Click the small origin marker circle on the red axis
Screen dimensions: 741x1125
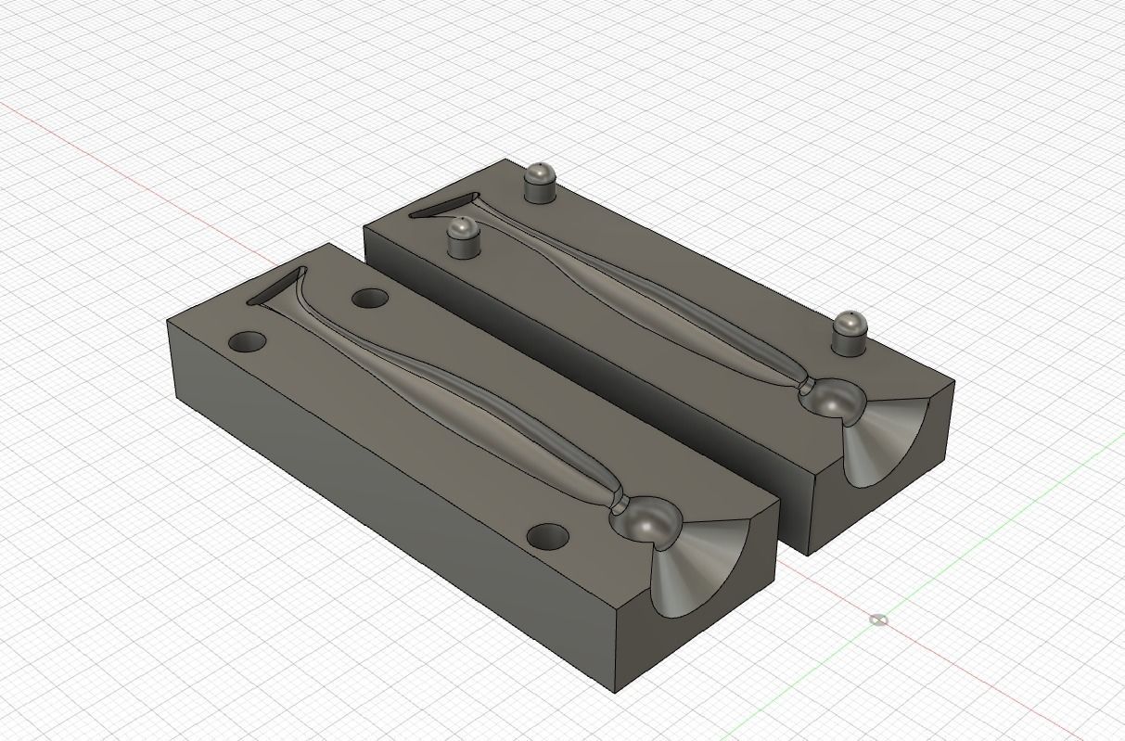coord(879,620)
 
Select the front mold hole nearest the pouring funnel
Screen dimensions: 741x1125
coord(547,536)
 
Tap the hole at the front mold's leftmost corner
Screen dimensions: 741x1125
coord(247,342)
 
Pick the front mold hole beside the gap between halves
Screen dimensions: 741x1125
coord(370,299)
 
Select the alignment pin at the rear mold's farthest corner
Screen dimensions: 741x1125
coord(540,182)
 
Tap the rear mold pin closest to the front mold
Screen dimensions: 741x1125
coord(461,238)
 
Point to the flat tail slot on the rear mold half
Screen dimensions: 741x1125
coord(443,205)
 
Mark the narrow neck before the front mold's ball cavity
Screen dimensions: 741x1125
coord(620,503)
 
